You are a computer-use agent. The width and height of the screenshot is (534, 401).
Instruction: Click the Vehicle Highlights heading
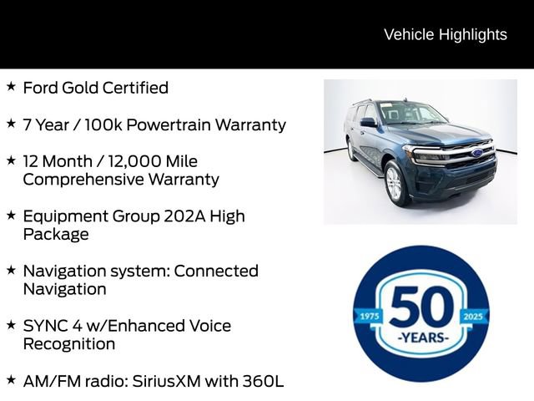445,34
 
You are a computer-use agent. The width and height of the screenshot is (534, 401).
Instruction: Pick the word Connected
216,271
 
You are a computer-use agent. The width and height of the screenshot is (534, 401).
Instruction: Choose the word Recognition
69,344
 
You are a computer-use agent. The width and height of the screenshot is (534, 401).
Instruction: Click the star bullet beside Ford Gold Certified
11,86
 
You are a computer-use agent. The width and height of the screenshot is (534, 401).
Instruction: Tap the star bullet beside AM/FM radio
11,379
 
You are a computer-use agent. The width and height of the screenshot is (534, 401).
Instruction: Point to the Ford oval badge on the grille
476,153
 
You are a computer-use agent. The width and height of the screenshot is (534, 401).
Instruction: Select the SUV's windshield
411,114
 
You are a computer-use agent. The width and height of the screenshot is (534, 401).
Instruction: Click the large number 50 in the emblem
421,307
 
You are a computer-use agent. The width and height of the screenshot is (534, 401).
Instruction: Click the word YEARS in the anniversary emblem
421,338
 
